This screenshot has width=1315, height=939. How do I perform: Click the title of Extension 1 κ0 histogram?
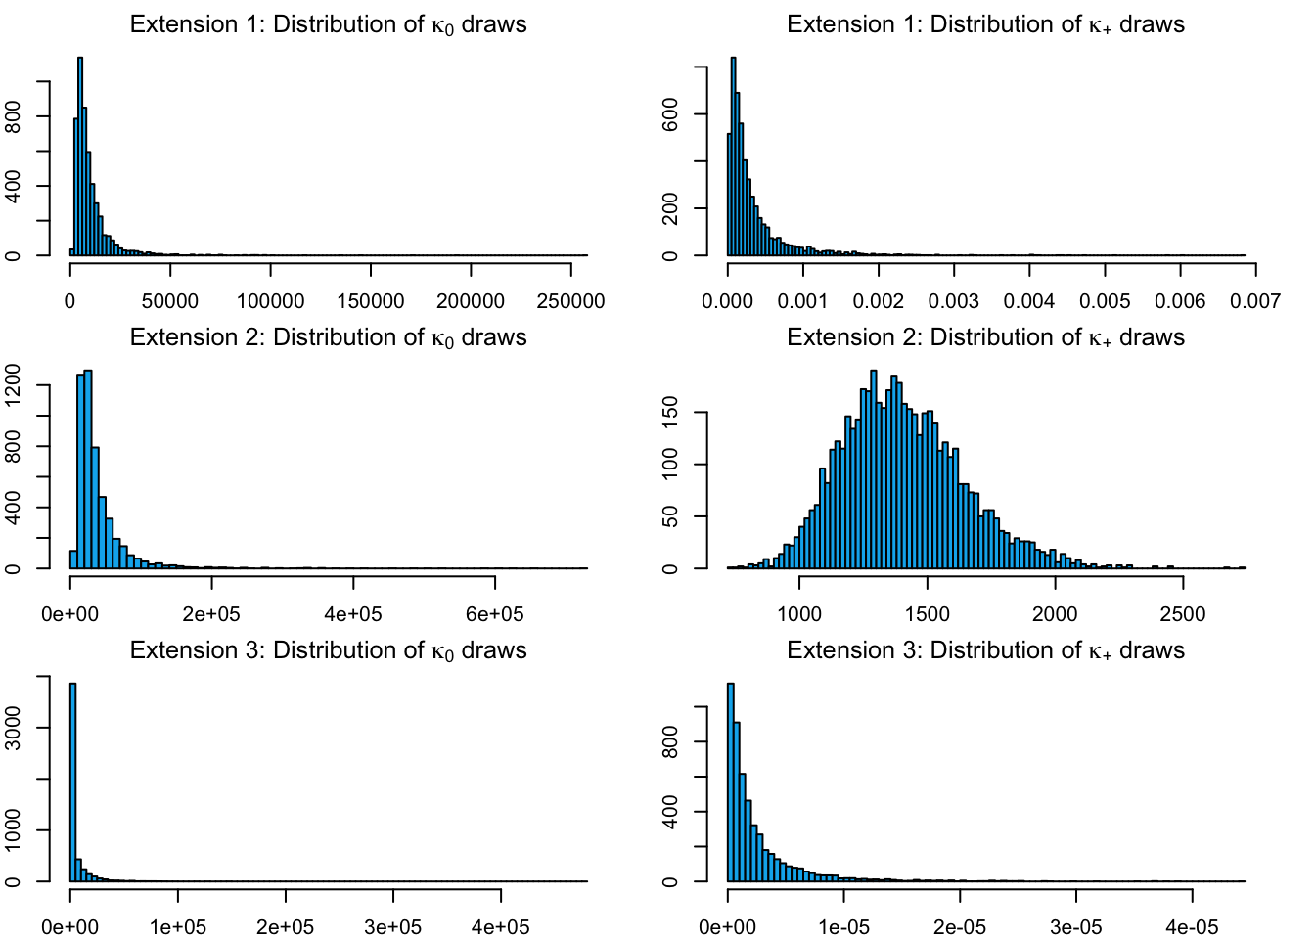click(x=328, y=24)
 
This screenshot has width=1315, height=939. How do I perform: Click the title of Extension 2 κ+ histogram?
click(x=985, y=337)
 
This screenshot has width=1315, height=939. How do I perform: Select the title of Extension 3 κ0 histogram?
click(x=328, y=650)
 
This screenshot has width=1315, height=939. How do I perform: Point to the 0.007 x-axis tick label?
click(x=1255, y=300)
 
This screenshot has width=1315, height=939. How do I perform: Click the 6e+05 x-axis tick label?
click(x=495, y=613)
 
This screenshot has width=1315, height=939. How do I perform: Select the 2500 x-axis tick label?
click(x=1183, y=613)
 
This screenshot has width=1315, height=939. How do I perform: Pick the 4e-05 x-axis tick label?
click(x=1192, y=926)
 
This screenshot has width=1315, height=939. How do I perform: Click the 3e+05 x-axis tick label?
click(x=393, y=926)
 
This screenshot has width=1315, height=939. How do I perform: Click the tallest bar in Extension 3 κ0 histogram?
click(x=73, y=782)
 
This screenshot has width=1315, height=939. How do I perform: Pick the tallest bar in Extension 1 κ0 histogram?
click(x=80, y=156)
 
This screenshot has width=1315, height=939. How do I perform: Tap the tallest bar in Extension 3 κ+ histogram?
click(x=731, y=782)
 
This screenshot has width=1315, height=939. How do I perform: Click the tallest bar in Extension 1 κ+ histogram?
click(x=734, y=156)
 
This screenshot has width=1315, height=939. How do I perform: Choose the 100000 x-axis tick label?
click(x=271, y=300)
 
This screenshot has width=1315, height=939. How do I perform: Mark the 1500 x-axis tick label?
click(x=928, y=613)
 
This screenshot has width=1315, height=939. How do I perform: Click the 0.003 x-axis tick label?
click(x=954, y=300)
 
